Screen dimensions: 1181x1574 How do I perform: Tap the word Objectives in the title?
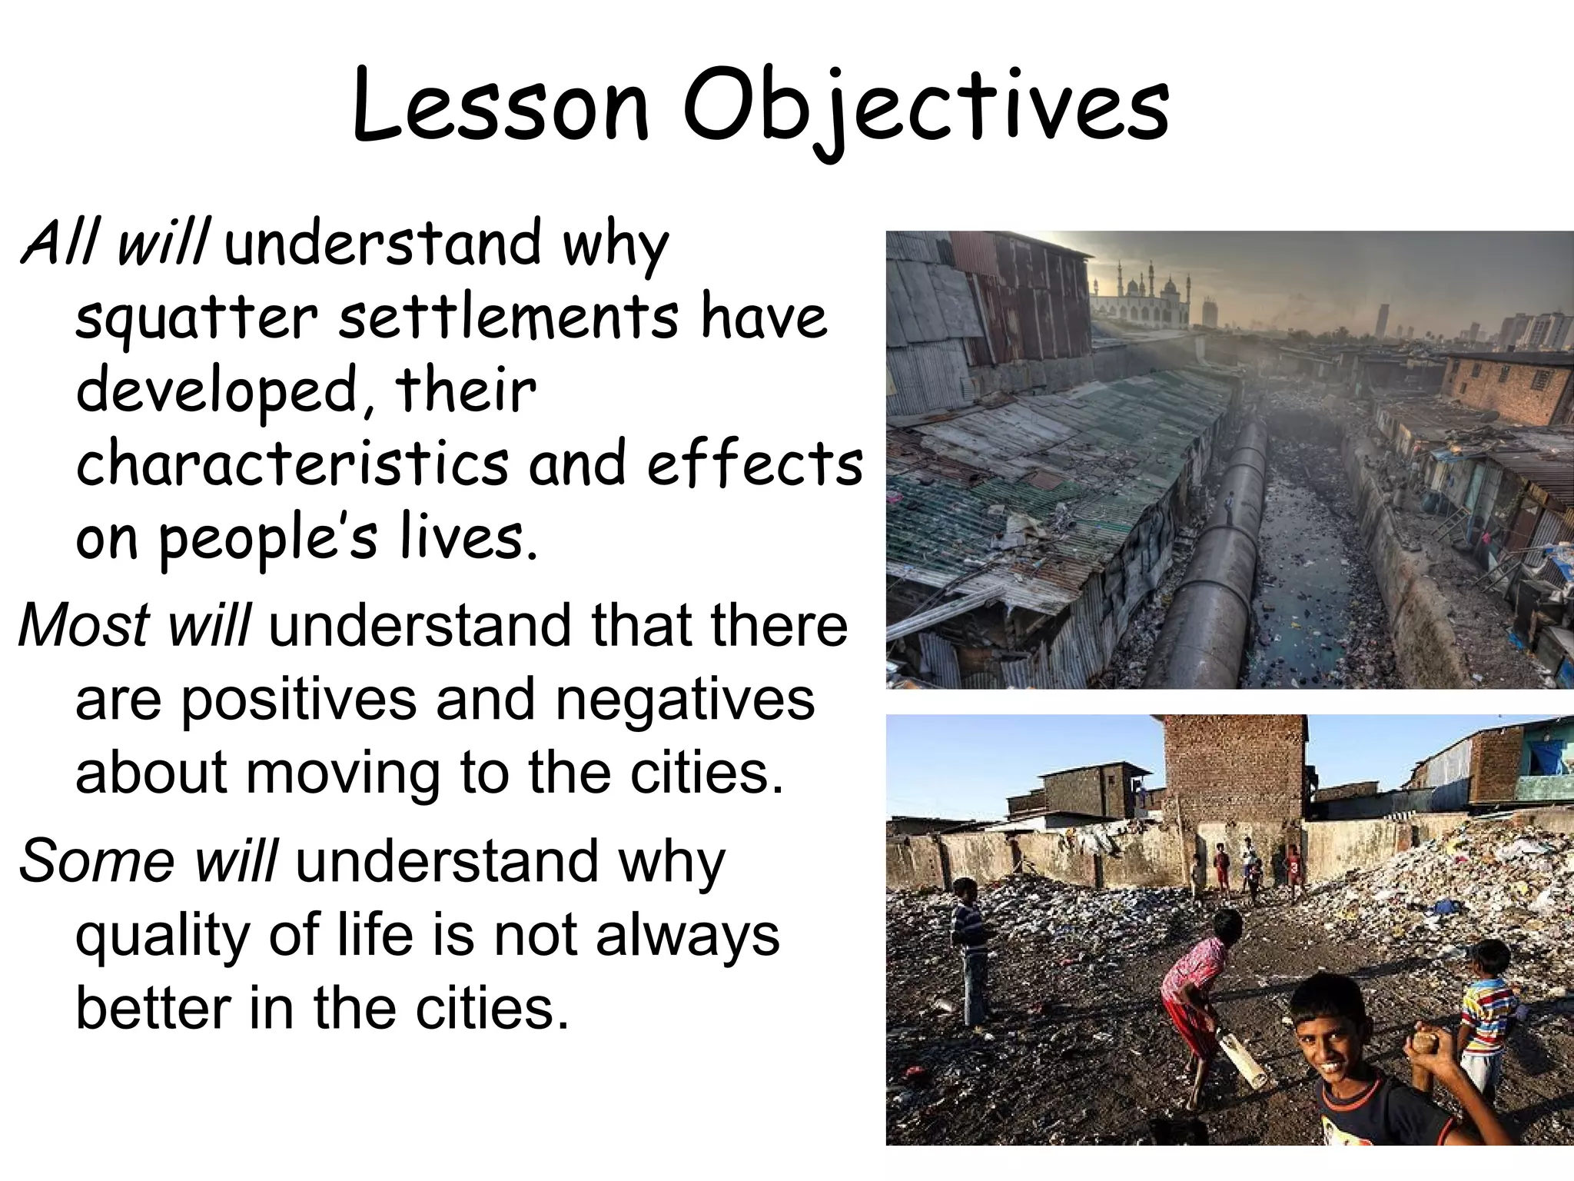(x=925, y=108)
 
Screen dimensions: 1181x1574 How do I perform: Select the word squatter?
(x=196, y=318)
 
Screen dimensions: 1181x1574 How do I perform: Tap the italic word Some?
(x=96, y=860)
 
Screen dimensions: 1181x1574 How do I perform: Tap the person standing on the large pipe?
(x=1228, y=508)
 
